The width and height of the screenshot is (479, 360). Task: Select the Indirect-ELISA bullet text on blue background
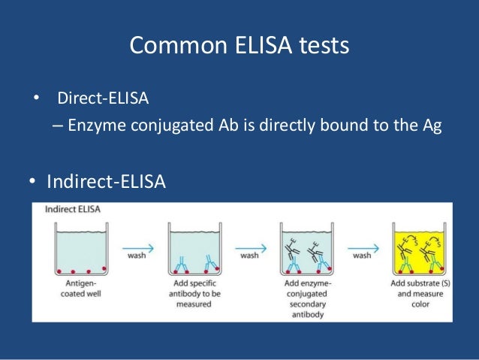[106, 182]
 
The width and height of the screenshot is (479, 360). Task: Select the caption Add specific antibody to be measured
[193, 293]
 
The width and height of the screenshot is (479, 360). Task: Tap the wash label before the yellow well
[361, 256]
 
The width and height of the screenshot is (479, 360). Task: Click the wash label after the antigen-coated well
[136, 256]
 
